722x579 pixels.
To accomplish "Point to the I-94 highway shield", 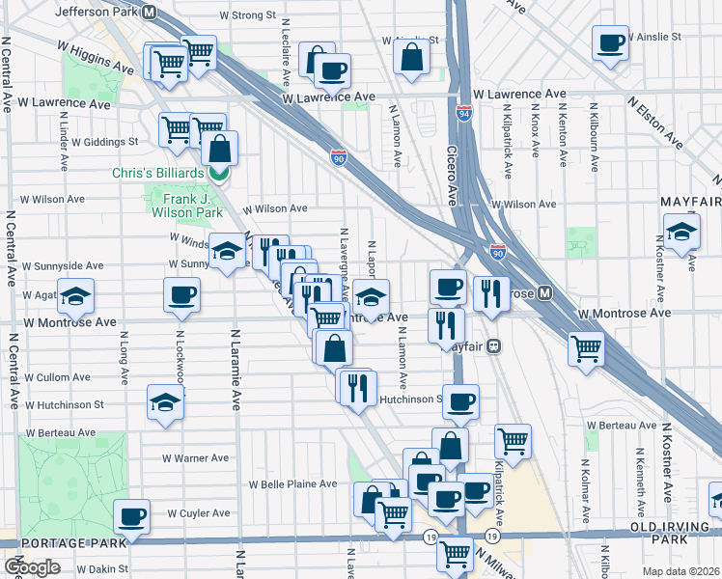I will [x=463, y=114].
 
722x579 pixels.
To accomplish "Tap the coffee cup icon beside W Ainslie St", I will [x=610, y=44].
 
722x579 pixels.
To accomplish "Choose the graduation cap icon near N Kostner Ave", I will [x=680, y=234].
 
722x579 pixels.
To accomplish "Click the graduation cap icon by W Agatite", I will [x=75, y=298].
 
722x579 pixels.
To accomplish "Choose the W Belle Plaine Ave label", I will [x=292, y=484].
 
